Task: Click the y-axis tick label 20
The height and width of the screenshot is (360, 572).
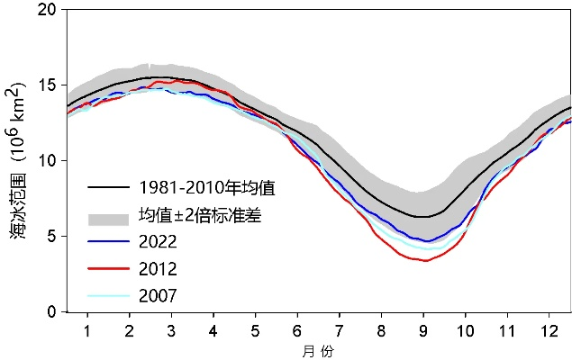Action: (45, 10)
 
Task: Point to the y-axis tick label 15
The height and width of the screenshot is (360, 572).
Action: (45, 85)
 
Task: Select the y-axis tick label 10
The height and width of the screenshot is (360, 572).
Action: (45, 161)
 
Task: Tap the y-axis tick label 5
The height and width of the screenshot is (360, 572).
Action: (50, 237)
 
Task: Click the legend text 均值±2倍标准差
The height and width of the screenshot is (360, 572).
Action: (200, 216)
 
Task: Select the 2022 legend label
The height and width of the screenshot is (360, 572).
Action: (159, 242)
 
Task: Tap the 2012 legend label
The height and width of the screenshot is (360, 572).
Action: (159, 269)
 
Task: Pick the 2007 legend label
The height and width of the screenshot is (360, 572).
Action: (159, 295)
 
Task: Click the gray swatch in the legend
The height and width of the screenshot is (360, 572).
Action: (108, 216)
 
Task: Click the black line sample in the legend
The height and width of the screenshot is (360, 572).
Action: (108, 189)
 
